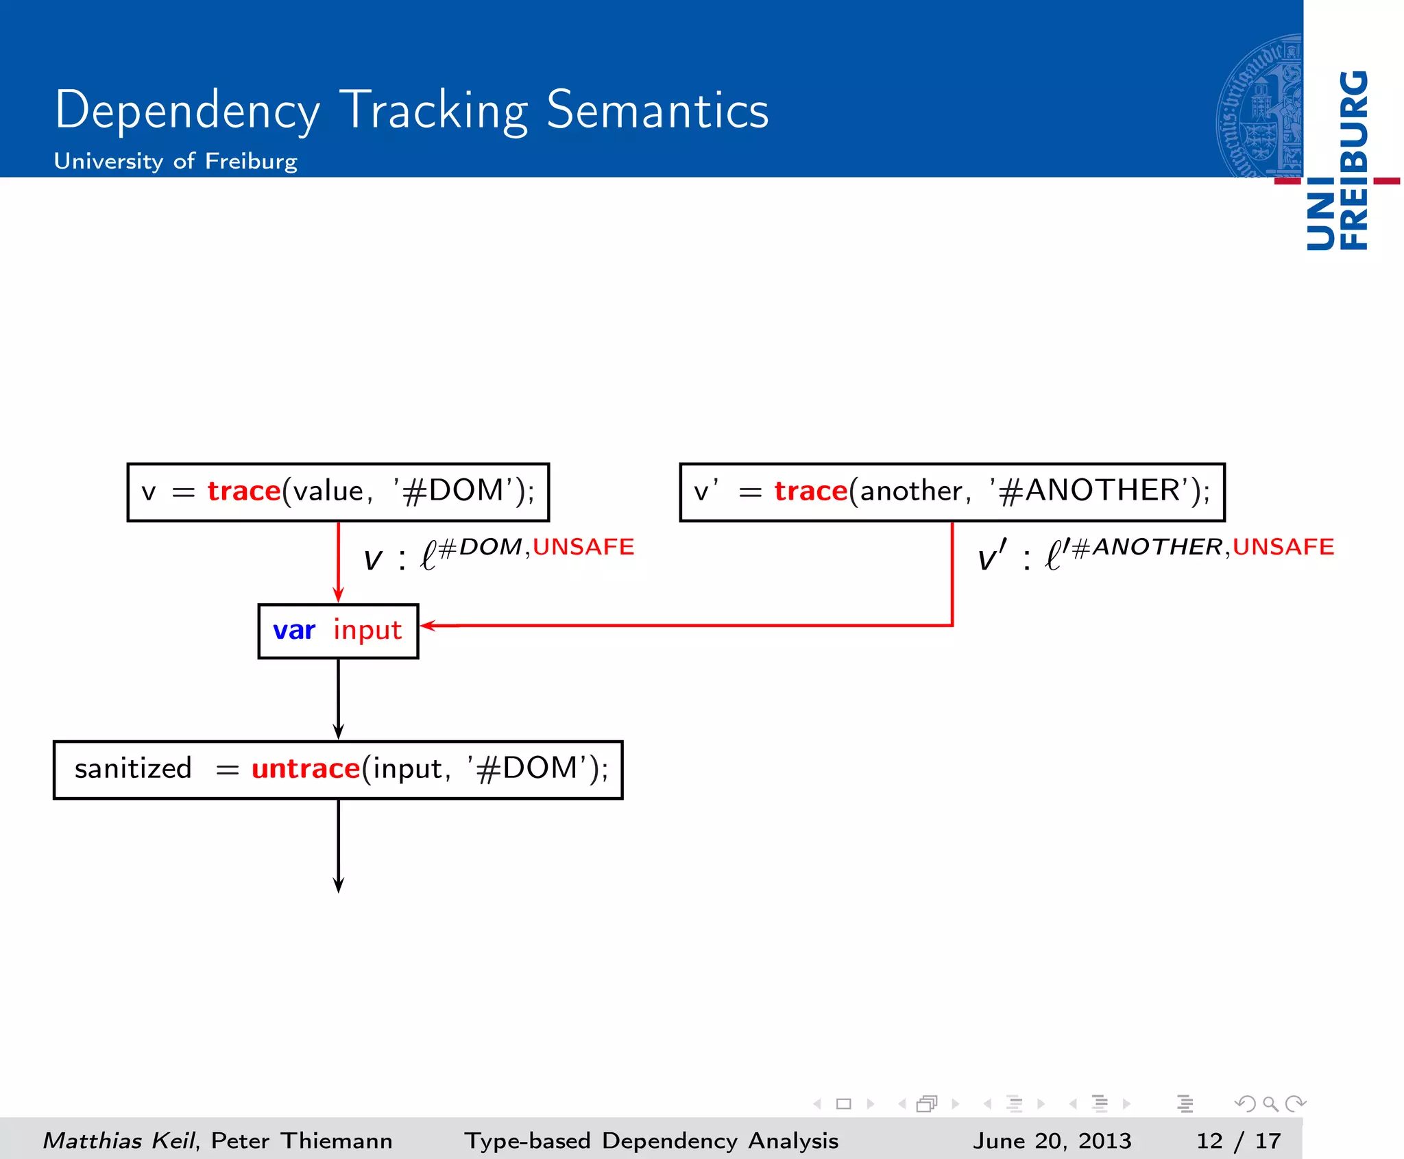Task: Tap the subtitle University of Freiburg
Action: pyautogui.click(x=175, y=161)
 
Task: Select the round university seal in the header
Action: pyautogui.click(x=1260, y=106)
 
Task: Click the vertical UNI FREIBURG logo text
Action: pyautogui.click(x=1338, y=161)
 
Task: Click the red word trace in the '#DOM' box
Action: pyautogui.click(x=244, y=491)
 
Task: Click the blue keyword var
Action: pyautogui.click(x=294, y=630)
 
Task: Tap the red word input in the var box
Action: pyautogui.click(x=367, y=630)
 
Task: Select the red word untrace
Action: pyautogui.click(x=306, y=769)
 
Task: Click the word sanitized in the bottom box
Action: pyautogui.click(x=133, y=769)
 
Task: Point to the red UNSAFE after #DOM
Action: pyautogui.click(x=583, y=547)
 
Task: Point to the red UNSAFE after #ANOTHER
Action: pyautogui.click(x=1283, y=547)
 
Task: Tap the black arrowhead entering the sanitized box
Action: pyautogui.click(x=338, y=731)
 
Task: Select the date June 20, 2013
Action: pyautogui.click(x=1052, y=1140)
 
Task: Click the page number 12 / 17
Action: pyautogui.click(x=1238, y=1140)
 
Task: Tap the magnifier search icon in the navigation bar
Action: pyautogui.click(x=1270, y=1103)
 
